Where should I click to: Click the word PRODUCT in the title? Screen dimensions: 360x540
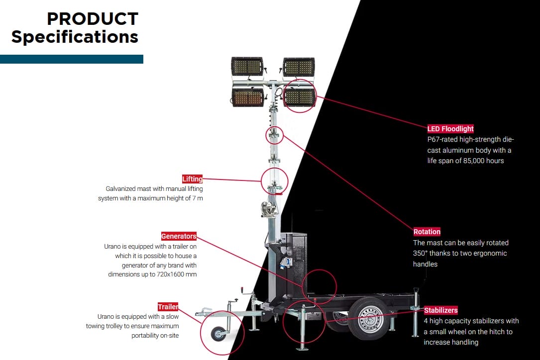93,19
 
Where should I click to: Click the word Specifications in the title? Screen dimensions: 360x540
75,37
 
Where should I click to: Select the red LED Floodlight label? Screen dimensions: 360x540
450,129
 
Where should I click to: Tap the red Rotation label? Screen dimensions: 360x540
427,232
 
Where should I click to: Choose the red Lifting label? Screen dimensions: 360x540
193,179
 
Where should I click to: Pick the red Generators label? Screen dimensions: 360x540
179,236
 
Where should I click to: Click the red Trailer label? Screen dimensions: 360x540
168,307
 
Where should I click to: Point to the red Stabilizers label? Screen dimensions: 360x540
440,310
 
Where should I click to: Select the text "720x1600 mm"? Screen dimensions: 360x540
176,274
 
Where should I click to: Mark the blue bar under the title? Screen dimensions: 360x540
72,59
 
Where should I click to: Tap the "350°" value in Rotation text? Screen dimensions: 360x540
422,253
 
